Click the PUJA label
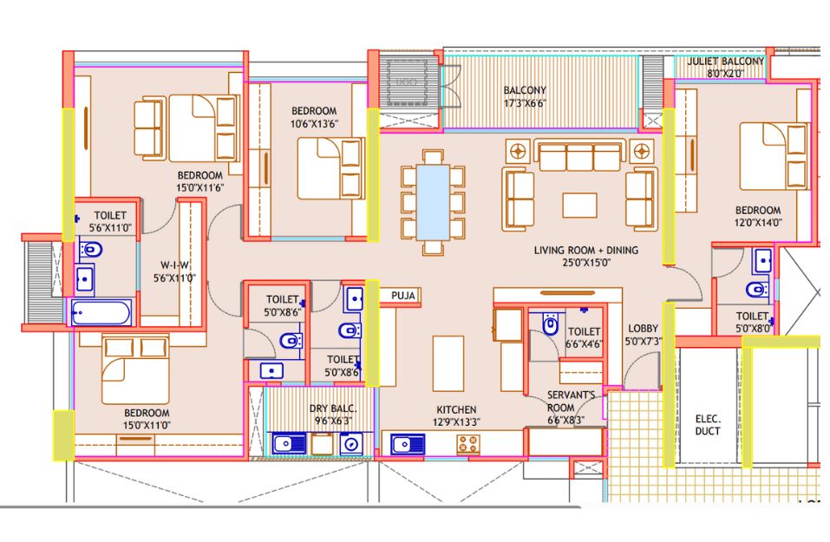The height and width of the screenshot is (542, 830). tap(403, 296)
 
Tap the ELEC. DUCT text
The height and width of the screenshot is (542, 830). tap(708, 425)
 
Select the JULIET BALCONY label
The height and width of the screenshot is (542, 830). tap(726, 62)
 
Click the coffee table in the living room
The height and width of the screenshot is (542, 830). tap(579, 206)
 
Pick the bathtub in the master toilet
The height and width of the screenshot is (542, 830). tap(101, 313)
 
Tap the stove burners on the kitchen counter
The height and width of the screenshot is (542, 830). tap(468, 444)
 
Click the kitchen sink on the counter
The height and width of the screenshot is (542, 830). tap(408, 444)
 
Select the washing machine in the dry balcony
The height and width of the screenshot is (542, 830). tap(351, 444)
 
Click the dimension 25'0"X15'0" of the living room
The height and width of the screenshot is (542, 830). tap(586, 263)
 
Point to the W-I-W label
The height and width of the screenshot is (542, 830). tap(174, 265)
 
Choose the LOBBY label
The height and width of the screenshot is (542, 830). tap(644, 329)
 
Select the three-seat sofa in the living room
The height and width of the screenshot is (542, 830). tap(579, 155)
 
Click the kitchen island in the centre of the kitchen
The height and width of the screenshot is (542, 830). tap(448, 363)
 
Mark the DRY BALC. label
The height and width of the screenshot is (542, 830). tap(333, 408)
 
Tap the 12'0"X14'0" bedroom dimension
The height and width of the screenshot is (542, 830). tap(758, 223)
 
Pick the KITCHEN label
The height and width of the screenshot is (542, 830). tap(456, 409)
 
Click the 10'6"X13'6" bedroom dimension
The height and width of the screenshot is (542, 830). tap(315, 124)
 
